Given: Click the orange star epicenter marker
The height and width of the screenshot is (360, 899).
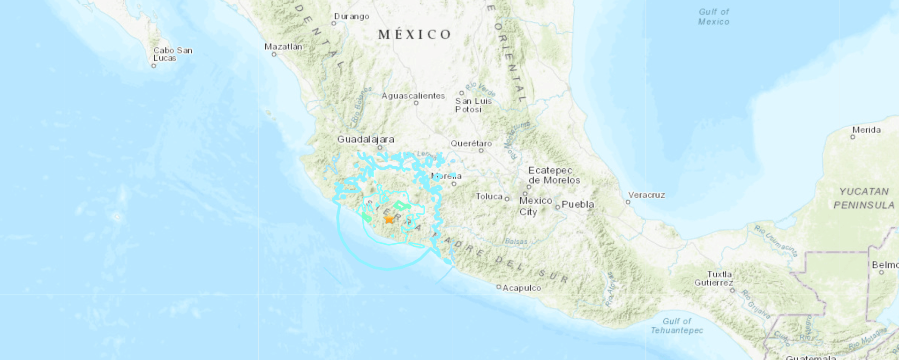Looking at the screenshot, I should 389,219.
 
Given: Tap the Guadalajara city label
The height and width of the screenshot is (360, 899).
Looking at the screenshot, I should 366,139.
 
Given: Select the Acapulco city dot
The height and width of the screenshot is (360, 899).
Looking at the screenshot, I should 499,286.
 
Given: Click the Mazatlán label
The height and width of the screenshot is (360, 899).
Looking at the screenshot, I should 283,46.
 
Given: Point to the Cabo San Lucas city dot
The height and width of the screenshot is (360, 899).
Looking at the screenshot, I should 153,66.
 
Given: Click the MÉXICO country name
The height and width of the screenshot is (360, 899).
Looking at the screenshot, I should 415,34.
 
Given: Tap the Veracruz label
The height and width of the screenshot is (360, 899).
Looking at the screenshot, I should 646,195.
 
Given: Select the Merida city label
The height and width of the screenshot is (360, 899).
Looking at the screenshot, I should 866,130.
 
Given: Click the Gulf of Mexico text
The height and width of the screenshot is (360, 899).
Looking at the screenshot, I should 713,17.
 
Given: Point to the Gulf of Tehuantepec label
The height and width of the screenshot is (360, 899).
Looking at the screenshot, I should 677,326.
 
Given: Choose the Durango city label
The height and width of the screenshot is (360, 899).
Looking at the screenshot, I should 352,16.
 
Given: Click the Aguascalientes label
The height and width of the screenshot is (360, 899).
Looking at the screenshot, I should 413,96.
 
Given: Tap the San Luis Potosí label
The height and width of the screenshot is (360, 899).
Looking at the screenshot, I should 473,105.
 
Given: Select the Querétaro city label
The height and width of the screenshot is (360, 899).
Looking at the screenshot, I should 471,143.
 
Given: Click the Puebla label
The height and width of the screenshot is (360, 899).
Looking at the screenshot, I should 577,204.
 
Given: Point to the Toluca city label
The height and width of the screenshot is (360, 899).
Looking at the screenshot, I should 489,196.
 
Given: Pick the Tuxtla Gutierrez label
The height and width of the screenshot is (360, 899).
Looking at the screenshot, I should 713,278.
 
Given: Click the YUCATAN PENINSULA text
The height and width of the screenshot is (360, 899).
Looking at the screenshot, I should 863,198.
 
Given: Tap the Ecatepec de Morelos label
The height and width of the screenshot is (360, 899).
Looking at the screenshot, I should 554,175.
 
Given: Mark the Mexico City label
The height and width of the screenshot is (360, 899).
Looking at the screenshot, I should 535,206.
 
